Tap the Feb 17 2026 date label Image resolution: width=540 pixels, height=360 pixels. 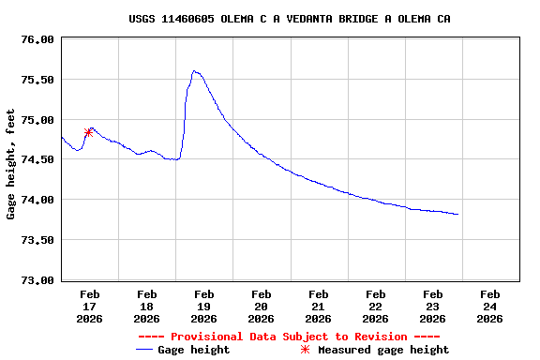pyautogui.click(x=90, y=306)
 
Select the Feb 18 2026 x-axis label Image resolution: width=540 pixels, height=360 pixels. pyautogui.click(x=147, y=306)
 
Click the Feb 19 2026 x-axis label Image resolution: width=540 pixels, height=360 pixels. pyautogui.click(x=204, y=306)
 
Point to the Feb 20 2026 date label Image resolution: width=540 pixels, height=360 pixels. pyautogui.click(x=262, y=306)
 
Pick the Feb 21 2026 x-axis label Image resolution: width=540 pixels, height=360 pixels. pyautogui.click(x=319, y=306)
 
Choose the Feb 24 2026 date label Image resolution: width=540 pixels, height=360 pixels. pyautogui.click(x=489, y=306)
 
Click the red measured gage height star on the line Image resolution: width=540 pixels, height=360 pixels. pyautogui.click(x=88, y=132)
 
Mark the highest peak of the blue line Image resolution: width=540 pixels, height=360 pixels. pyautogui.click(x=194, y=70)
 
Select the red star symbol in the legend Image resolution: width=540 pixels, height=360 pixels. pyautogui.click(x=305, y=350)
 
